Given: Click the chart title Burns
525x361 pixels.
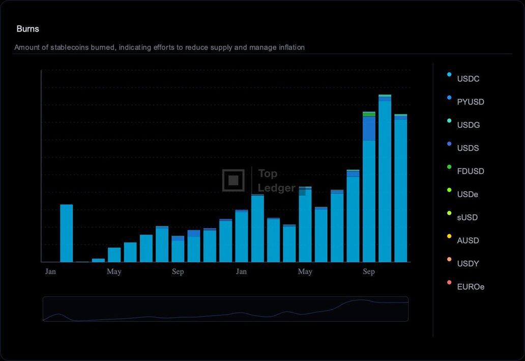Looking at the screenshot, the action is point(28,29).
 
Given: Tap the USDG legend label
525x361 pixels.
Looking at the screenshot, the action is point(469,125).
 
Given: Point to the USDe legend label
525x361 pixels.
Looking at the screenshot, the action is point(468,195).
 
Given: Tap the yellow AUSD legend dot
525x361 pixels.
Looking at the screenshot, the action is point(449,236).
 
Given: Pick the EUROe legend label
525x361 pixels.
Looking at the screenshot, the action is point(471,287).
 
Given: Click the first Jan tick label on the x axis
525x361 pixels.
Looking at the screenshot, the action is point(50,271).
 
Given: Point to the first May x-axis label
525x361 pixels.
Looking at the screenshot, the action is point(114,271).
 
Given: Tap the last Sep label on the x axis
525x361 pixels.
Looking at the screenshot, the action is point(369,271).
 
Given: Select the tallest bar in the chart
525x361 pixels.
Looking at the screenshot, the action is point(385,178).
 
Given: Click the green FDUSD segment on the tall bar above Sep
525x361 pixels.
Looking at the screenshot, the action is point(369,114).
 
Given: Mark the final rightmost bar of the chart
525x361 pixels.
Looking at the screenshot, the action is point(401,188).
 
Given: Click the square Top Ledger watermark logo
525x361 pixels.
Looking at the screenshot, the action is point(234,180).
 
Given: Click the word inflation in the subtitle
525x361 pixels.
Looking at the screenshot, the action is point(291,47).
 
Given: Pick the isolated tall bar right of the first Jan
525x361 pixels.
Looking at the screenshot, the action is point(67,233).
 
